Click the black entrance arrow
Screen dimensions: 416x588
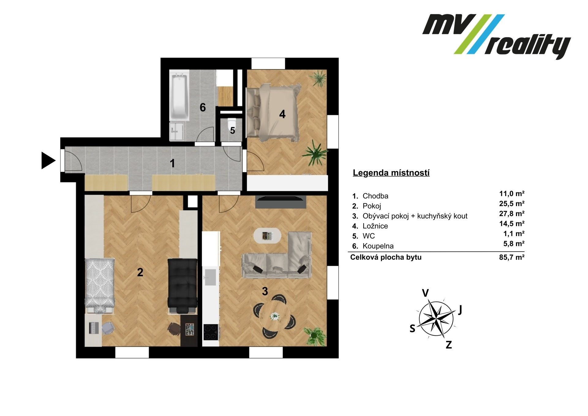tap(48, 161)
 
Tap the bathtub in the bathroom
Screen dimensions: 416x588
tap(179, 97)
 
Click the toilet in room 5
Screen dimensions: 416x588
tap(232, 122)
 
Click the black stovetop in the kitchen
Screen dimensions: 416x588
tap(211, 332)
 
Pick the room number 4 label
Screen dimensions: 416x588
tap(282, 114)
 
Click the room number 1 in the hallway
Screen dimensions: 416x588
tap(172, 163)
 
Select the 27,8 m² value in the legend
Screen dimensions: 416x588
tap(512, 214)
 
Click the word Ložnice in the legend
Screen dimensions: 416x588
tap(375, 226)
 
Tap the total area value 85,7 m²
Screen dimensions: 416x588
tap(512, 258)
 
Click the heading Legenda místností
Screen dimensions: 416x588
tap(391, 173)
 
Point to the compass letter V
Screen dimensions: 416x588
tap(425, 293)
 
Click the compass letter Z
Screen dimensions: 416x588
tap(449, 345)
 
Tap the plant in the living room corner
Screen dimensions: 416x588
tap(314, 336)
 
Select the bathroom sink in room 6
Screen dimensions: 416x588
tap(177, 132)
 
